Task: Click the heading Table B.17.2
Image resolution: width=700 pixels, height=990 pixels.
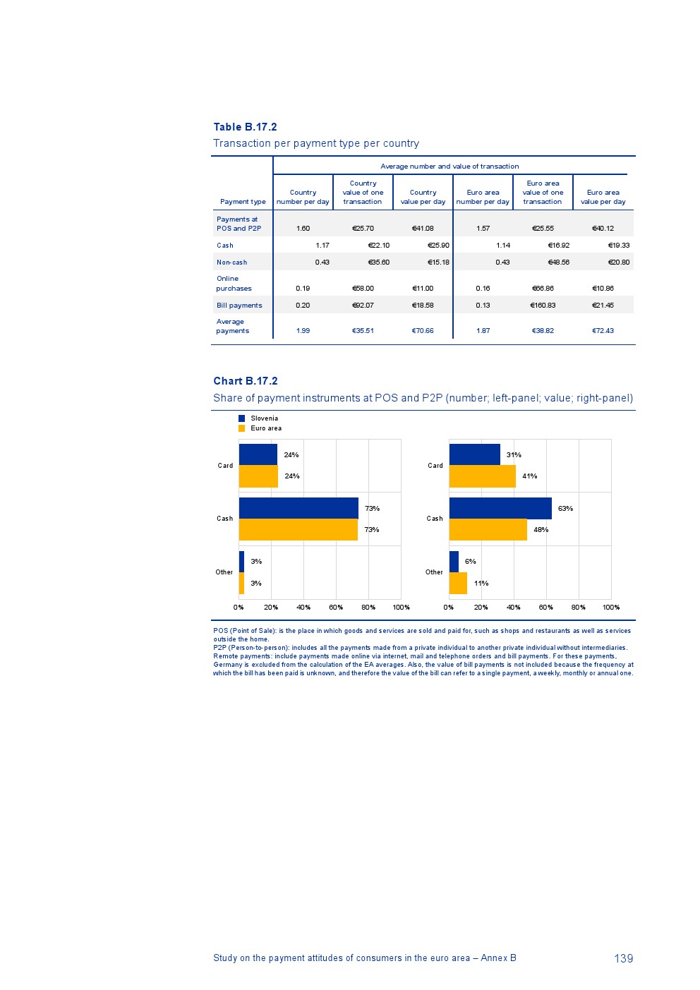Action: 245,127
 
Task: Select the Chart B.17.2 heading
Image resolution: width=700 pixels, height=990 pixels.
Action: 246,381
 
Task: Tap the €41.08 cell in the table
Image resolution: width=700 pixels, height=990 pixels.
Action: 423,229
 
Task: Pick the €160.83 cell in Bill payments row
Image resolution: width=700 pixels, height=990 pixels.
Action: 543,306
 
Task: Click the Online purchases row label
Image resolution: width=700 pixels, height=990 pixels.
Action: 234,284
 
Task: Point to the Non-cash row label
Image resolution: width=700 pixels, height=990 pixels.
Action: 231,262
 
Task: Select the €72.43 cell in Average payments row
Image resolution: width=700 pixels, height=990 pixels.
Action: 603,331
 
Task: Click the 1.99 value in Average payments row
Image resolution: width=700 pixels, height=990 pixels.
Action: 303,331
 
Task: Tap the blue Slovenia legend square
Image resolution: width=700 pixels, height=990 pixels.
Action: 241,418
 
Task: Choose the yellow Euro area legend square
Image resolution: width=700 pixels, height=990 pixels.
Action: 241,428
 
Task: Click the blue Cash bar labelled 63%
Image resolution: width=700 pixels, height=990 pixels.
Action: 500,508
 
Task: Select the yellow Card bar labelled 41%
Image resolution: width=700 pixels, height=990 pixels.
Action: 483,476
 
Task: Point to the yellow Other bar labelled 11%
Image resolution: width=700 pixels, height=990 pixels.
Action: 458,583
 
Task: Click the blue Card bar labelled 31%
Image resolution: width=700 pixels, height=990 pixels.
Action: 474,454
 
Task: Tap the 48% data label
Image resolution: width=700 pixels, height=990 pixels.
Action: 541,530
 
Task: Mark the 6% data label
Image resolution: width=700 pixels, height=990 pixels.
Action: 470,562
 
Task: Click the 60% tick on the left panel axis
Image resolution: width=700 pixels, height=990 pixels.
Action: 336,608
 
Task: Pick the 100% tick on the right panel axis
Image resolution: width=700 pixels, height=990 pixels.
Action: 611,608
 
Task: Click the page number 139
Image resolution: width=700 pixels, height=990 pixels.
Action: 623,958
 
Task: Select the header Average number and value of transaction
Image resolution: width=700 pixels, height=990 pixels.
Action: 449,167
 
